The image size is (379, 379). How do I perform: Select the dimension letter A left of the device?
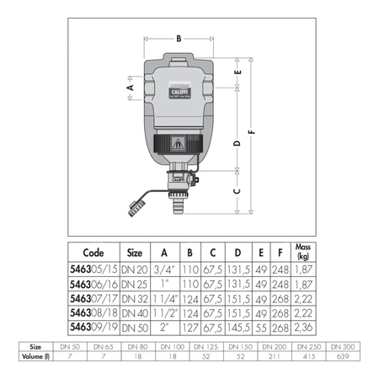(131, 86)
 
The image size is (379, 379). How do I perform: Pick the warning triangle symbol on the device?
(179, 144)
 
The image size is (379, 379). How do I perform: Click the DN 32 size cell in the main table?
(134, 297)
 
